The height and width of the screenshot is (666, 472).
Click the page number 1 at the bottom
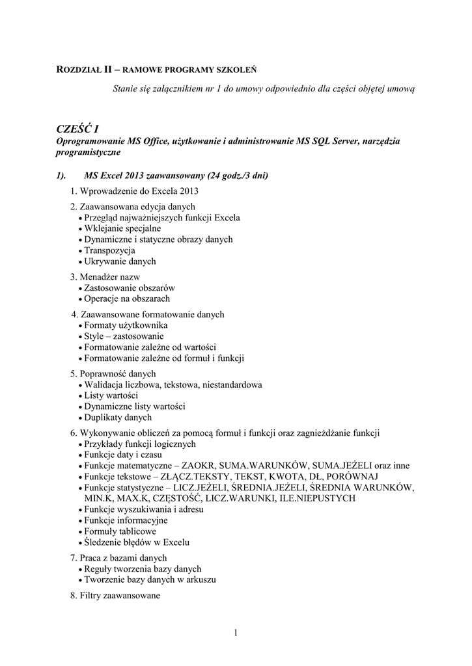pos(235,633)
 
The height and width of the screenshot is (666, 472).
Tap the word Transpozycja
pos(109,250)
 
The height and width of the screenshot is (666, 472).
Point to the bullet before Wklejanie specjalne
pos(79,229)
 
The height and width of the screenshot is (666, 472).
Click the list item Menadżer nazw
pos(105,277)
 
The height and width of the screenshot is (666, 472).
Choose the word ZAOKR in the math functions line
pos(197,466)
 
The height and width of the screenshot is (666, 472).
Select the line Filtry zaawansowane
pos(115,595)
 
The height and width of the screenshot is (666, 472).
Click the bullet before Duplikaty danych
pos(79,418)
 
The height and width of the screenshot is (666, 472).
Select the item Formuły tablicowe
pos(119,531)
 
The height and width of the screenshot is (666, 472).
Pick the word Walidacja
pos(105,385)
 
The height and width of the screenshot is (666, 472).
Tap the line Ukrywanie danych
pos(120,261)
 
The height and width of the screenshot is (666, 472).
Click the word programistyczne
pos(87,152)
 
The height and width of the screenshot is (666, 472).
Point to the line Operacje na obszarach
pos(126,299)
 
